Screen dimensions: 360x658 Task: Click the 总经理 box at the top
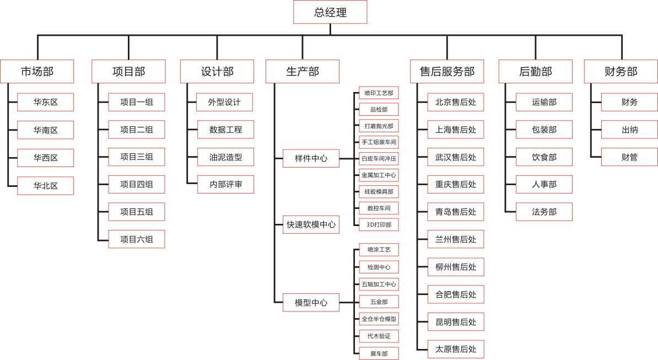(x=330, y=12)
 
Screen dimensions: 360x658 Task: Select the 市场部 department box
(x=37, y=72)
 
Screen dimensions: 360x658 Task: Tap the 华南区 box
(x=45, y=130)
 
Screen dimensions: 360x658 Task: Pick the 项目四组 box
(x=136, y=184)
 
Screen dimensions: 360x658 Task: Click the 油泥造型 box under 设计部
(x=225, y=157)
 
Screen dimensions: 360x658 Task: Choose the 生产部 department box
(x=302, y=72)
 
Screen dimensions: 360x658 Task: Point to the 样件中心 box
(x=311, y=158)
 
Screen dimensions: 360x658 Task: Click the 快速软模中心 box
(x=311, y=224)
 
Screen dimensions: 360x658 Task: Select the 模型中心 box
(x=311, y=302)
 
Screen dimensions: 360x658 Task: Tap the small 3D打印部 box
(x=379, y=224)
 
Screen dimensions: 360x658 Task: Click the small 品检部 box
(x=379, y=109)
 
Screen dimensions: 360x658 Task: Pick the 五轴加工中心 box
(x=379, y=284)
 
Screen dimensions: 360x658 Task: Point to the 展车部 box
(x=379, y=353)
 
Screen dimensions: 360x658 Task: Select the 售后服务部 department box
(x=447, y=72)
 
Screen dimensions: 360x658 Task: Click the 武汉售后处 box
(x=456, y=157)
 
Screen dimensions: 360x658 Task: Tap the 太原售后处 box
(x=456, y=349)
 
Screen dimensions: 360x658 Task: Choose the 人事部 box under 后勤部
(x=544, y=184)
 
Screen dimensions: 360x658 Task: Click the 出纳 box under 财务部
(x=629, y=130)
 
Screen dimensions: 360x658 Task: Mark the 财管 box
(x=629, y=157)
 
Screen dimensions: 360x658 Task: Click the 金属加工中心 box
(x=379, y=175)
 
